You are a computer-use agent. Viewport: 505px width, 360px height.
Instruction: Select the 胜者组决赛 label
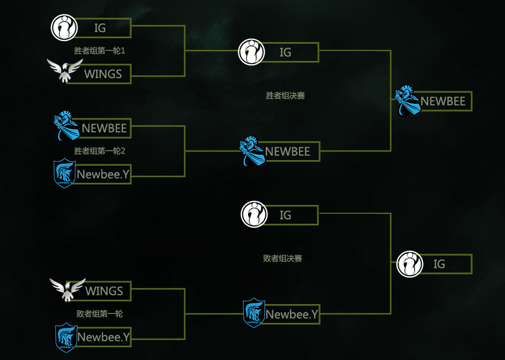(285, 96)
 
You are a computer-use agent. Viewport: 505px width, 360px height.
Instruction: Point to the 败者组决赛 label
(282, 259)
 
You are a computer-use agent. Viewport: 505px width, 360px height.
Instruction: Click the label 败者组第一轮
(100, 313)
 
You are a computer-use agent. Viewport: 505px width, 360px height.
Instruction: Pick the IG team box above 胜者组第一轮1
(103, 28)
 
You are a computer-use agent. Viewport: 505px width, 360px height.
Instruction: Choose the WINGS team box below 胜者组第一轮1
(103, 74)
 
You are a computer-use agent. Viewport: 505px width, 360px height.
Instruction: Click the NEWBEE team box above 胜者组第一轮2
(104, 128)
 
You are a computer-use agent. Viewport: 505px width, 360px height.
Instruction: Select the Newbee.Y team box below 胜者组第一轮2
(103, 174)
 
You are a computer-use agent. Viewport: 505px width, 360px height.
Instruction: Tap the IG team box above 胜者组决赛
(288, 53)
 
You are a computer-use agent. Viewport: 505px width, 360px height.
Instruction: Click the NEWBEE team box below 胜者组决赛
(288, 152)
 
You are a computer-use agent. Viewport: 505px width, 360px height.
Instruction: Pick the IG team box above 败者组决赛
(288, 215)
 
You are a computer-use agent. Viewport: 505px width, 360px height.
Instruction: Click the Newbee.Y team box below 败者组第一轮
(103, 337)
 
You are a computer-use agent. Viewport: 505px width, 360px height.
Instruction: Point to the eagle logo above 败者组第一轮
(68, 289)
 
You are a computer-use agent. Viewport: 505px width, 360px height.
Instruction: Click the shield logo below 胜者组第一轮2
(65, 173)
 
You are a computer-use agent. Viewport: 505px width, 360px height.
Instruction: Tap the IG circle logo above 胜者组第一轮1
(65, 27)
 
